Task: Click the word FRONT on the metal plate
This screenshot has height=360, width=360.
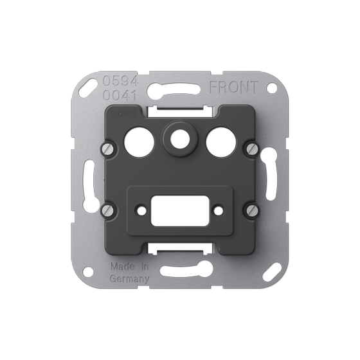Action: point(234,87)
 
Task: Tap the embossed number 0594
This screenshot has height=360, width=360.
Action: point(120,81)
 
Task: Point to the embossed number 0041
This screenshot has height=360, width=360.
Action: point(120,96)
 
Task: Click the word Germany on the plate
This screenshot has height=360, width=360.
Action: point(129,279)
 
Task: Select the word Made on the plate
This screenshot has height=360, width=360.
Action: point(123,267)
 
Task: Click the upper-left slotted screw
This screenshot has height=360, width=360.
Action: point(109,150)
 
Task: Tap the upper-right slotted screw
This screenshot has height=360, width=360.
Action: point(252,149)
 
